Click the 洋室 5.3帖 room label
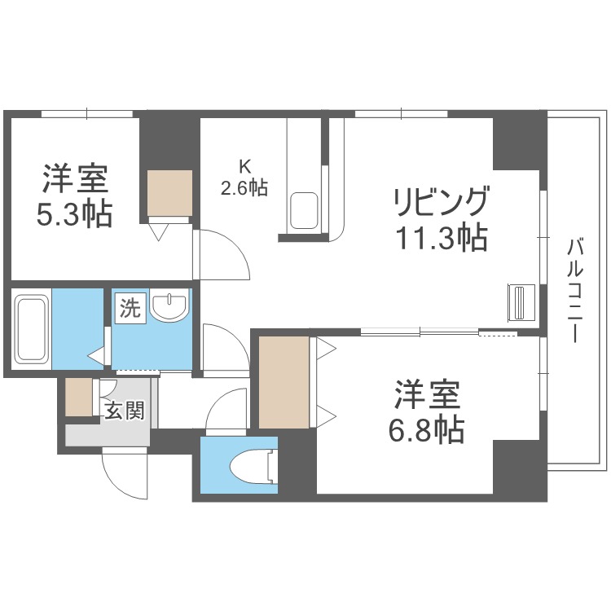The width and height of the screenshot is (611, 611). coord(74,196)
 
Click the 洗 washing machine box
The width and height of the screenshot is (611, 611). coord(130,309)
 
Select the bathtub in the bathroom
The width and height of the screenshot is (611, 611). coord(32,329)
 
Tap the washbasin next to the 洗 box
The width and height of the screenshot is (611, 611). coord(170,307)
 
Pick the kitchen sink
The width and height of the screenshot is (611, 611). coord(305,210)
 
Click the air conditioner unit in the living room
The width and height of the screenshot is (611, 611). coord(521,303)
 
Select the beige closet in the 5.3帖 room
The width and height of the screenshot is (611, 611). coord(169,193)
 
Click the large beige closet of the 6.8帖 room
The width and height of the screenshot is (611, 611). coord(284,381)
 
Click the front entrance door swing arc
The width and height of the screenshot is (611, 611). coord(124,477)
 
